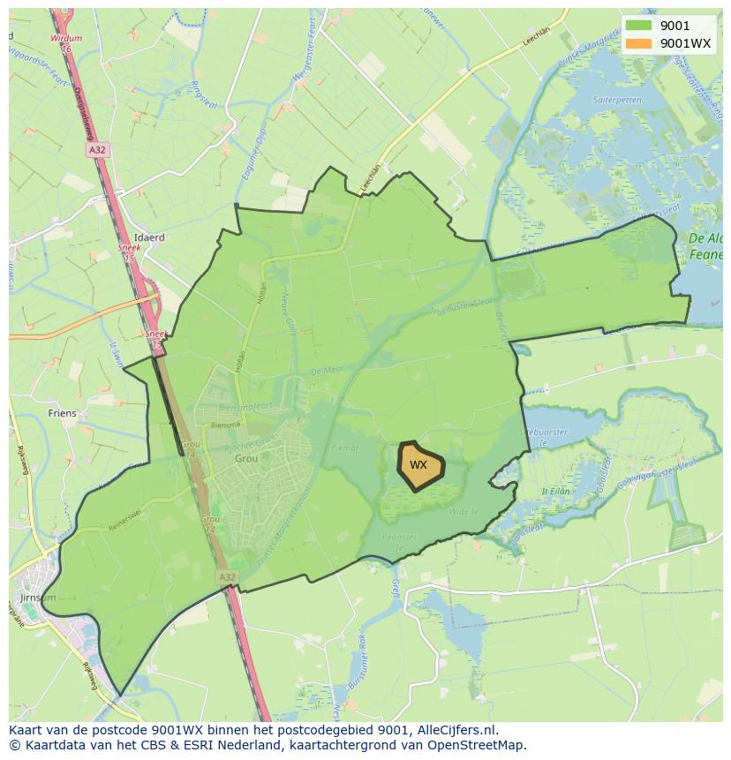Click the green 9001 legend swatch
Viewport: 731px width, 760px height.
click(640, 26)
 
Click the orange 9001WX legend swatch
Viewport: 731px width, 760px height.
click(640, 42)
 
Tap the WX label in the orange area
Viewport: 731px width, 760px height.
click(418, 465)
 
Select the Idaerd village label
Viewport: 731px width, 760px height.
click(149, 237)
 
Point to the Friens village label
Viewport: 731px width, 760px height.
click(63, 413)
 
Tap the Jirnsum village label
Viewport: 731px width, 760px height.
click(36, 598)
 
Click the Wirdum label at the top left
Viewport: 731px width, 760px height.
click(66, 39)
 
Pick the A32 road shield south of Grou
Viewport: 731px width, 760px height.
click(227, 576)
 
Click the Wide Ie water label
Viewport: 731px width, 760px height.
click(463, 510)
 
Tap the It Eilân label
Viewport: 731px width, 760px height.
click(556, 491)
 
